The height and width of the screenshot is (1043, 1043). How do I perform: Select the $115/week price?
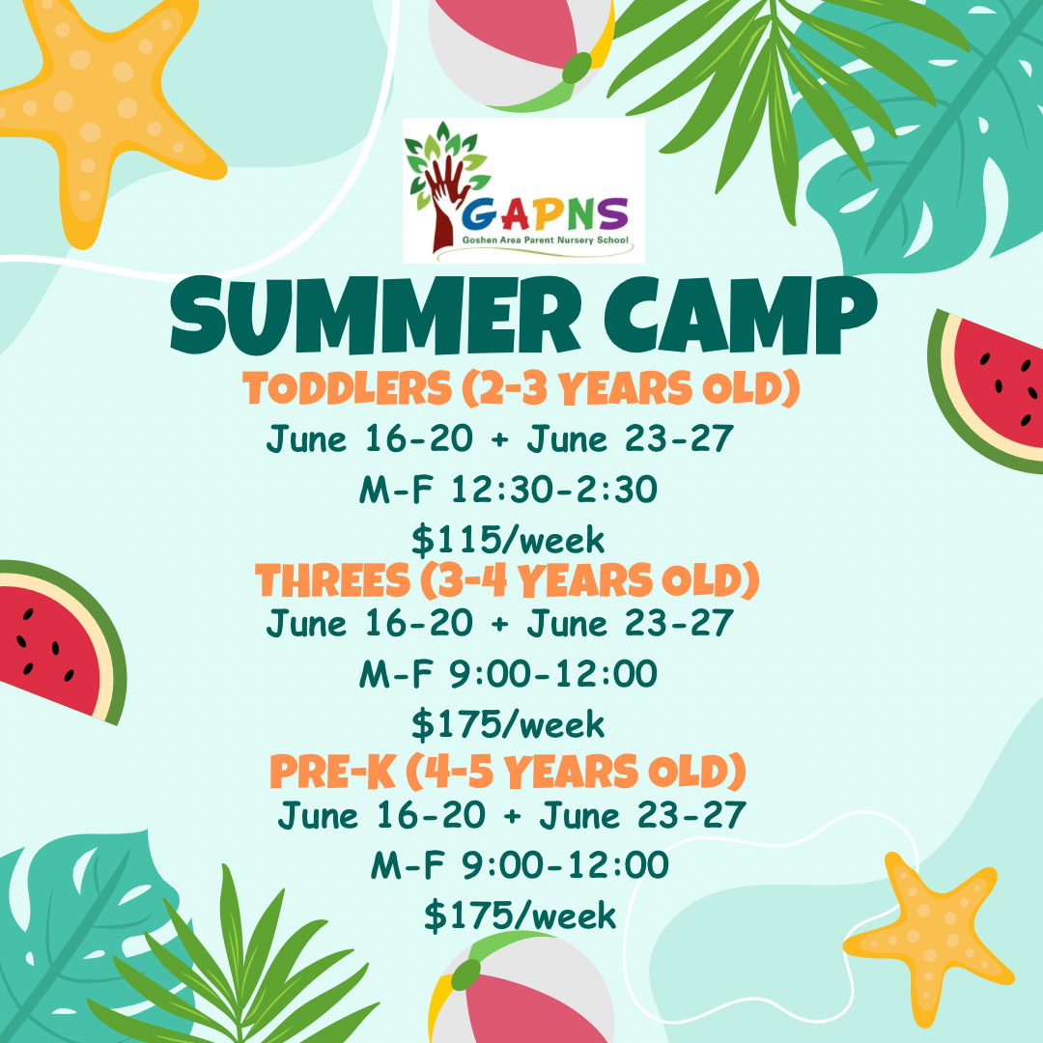(508, 540)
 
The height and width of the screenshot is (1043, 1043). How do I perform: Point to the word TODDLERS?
(348, 388)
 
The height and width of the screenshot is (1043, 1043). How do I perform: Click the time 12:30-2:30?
(554, 489)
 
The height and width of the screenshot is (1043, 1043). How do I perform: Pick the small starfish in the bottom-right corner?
(928, 938)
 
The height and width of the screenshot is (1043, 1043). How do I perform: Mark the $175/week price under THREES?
(508, 723)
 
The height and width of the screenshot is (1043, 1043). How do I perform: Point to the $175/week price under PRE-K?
(521, 916)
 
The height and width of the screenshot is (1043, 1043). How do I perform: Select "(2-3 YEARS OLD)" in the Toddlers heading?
(631, 388)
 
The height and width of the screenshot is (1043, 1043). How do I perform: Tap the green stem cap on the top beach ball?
(577, 68)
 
